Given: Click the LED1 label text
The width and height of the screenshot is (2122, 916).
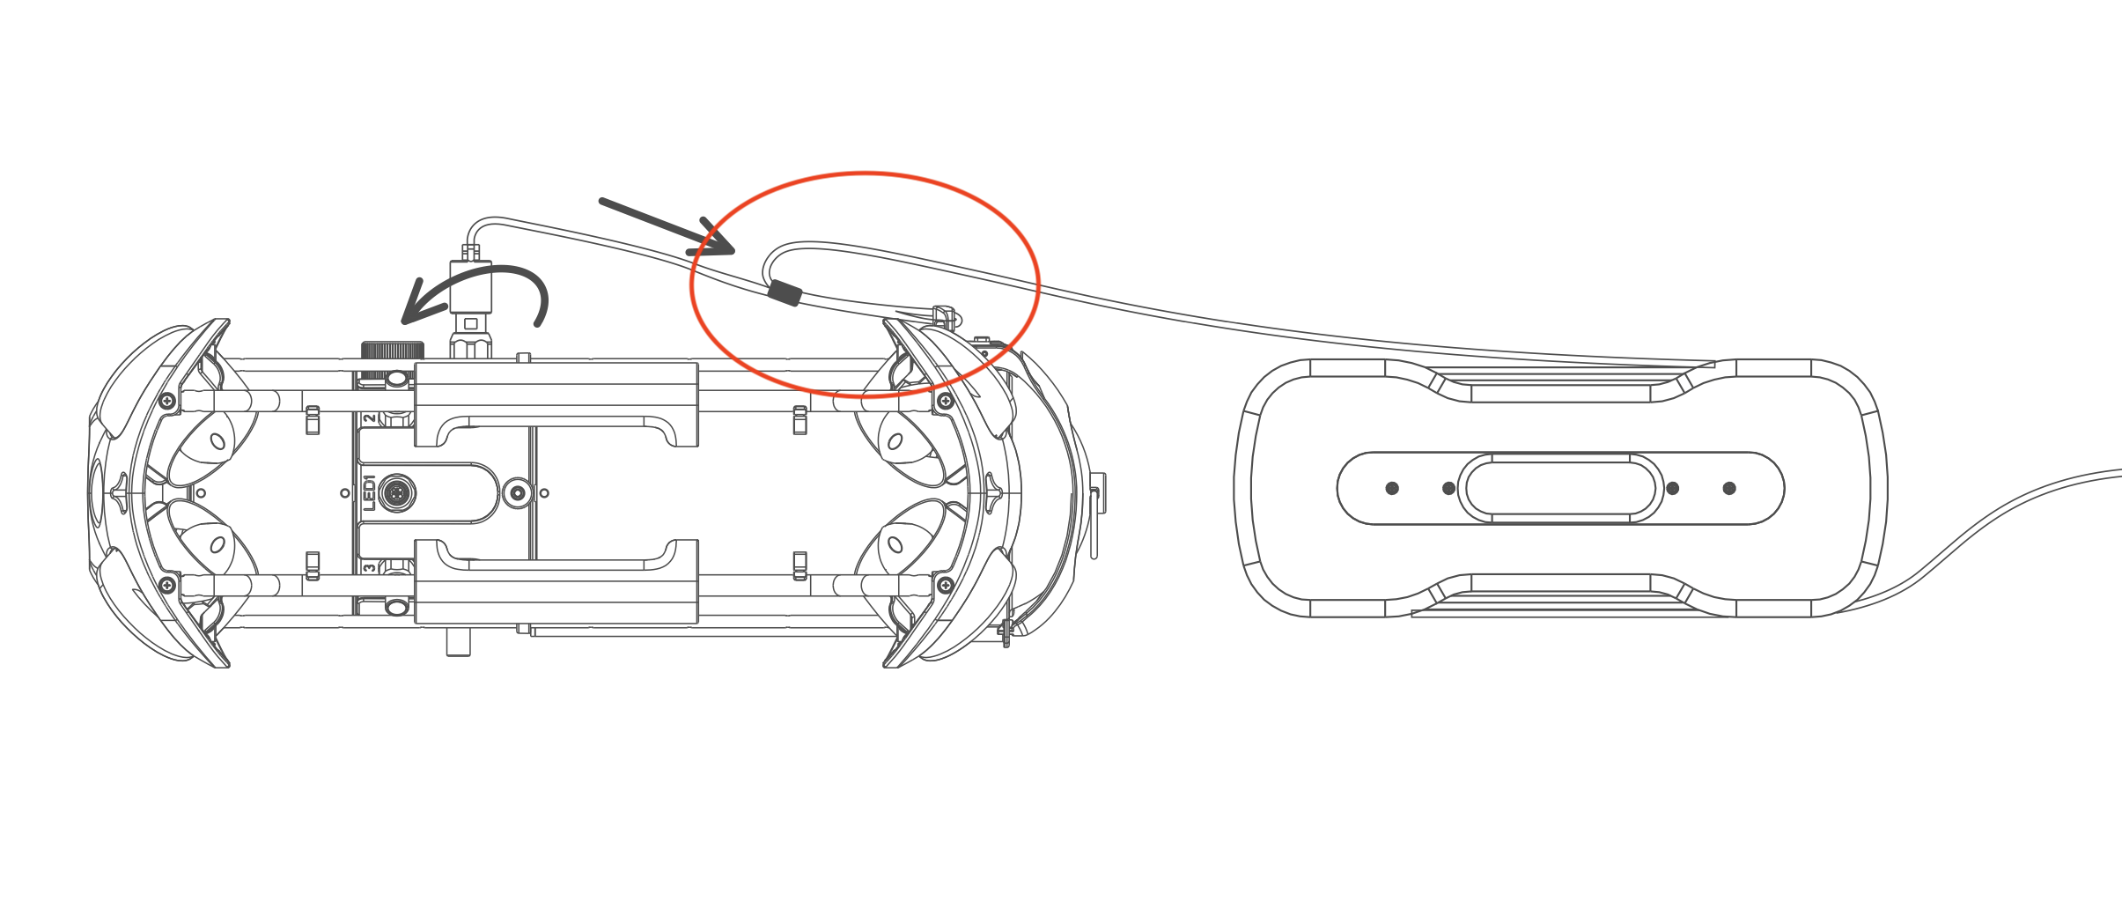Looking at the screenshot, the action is (x=370, y=493).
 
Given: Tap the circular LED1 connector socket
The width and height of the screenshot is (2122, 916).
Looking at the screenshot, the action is (x=397, y=493).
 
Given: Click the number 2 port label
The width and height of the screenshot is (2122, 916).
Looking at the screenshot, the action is (x=370, y=418).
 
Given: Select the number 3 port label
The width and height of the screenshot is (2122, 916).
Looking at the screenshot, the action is (x=370, y=568).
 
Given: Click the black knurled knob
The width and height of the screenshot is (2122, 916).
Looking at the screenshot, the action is (x=393, y=350).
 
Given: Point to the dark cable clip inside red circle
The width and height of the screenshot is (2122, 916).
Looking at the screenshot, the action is (x=785, y=293).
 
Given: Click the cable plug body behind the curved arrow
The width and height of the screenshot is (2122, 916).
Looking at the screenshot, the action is (x=471, y=287).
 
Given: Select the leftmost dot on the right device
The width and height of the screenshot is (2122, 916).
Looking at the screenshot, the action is (x=1392, y=488).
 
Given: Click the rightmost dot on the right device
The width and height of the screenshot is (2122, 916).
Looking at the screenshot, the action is (x=1729, y=488).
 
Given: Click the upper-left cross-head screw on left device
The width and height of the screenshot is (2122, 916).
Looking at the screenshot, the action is (x=166, y=402).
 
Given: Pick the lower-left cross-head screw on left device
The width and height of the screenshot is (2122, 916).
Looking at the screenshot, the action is (x=166, y=585).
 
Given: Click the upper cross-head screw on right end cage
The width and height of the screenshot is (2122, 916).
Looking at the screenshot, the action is (x=946, y=402).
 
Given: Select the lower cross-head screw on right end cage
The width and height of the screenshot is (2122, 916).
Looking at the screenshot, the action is (x=946, y=585).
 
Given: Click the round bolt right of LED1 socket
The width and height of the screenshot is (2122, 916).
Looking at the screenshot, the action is (x=519, y=493).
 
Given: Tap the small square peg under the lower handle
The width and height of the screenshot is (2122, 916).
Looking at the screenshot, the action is (x=458, y=640).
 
